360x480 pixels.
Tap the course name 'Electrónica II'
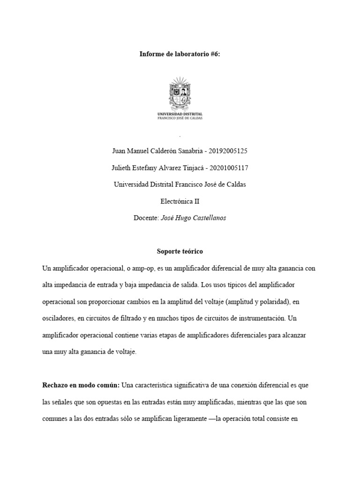(180, 202)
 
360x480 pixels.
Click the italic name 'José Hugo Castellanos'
(193, 218)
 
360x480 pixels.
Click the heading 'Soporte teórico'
(180, 252)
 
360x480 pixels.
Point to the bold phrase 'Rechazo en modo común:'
(81, 385)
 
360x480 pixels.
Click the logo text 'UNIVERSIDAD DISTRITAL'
(180, 114)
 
